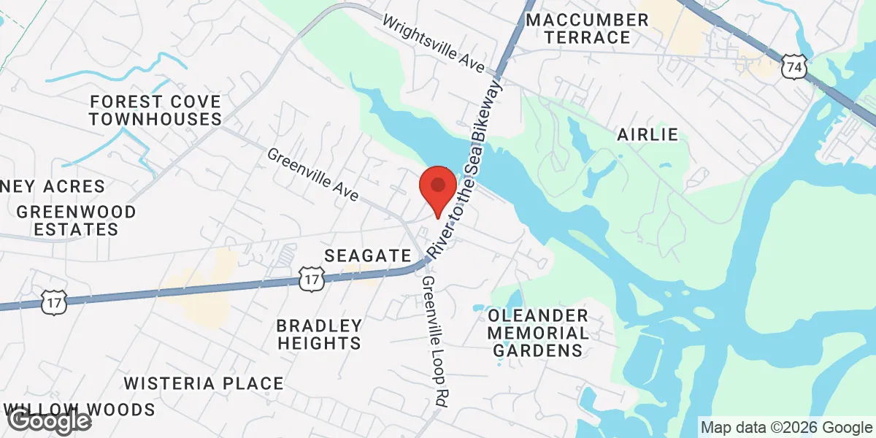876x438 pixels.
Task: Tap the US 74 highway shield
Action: [x=794, y=68]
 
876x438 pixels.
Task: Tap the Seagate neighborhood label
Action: [x=368, y=255]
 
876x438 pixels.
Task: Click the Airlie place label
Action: [x=648, y=134]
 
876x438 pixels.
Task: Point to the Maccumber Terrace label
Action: [x=588, y=28]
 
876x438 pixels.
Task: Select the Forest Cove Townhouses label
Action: [x=155, y=109]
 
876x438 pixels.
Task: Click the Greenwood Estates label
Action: [x=77, y=220]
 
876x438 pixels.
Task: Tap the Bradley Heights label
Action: [x=319, y=334]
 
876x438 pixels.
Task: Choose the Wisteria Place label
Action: [x=203, y=383]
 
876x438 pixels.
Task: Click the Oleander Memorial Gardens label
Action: [x=539, y=333]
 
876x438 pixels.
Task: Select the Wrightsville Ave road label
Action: [x=434, y=45]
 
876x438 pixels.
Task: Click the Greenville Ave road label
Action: [x=313, y=175]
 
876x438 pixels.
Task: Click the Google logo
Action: [x=50, y=421]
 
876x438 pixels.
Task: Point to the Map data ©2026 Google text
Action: [x=786, y=428]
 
